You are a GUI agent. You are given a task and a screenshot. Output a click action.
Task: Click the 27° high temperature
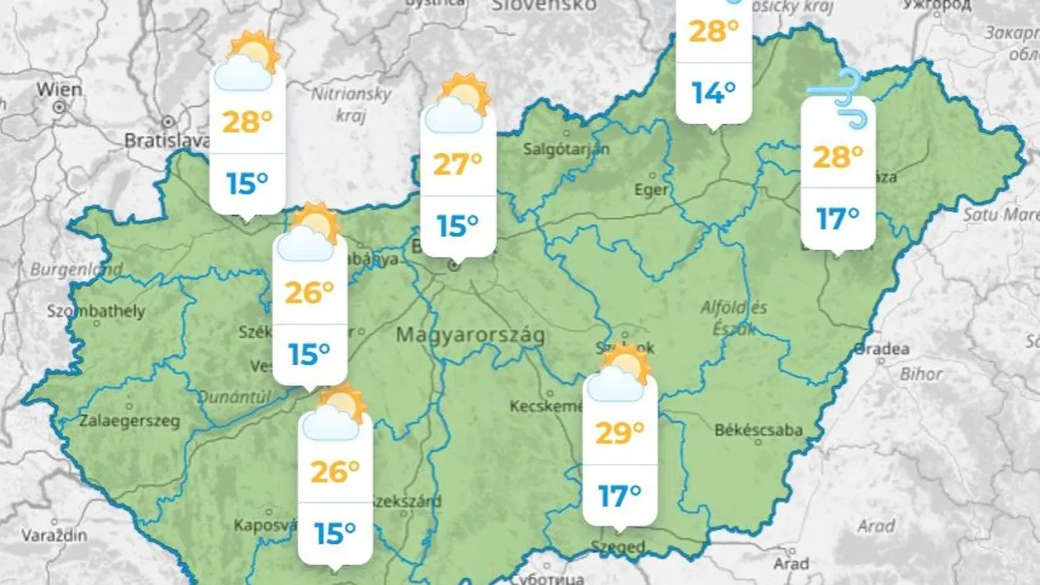pos(457,164)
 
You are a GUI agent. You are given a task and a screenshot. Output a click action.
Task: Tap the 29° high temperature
pos(619,433)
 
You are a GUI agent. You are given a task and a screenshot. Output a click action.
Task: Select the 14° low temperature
pos(713,93)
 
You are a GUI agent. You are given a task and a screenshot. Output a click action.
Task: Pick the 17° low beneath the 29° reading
pos(619,495)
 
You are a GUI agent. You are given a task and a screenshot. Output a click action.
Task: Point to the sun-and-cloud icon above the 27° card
pos(459,104)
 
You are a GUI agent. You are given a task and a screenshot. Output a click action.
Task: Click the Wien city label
pos(59,90)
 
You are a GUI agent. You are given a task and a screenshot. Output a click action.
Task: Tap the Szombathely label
pos(96,312)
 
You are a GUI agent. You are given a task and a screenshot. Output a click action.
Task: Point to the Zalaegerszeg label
pos(130,421)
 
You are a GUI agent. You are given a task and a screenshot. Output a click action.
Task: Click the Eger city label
pos(651,190)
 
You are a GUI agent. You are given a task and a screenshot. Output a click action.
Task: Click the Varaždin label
pos(54,535)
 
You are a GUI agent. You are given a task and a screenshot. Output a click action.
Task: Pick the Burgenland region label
pos(76,270)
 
